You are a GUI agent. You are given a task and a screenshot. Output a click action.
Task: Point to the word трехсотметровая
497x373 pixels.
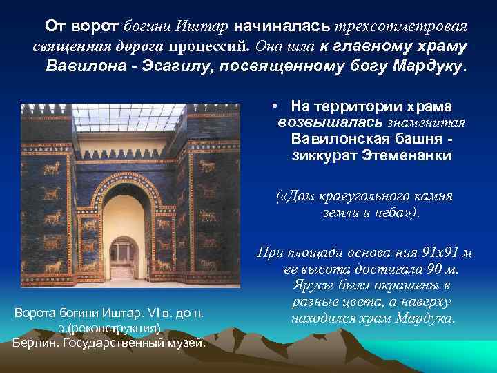(x=401, y=26)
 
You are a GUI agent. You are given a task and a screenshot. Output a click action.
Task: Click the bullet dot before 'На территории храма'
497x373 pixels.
(x=275, y=106)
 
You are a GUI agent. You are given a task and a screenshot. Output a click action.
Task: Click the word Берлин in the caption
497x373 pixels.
(x=35, y=342)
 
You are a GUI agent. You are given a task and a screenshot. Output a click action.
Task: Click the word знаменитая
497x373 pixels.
(x=429, y=122)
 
